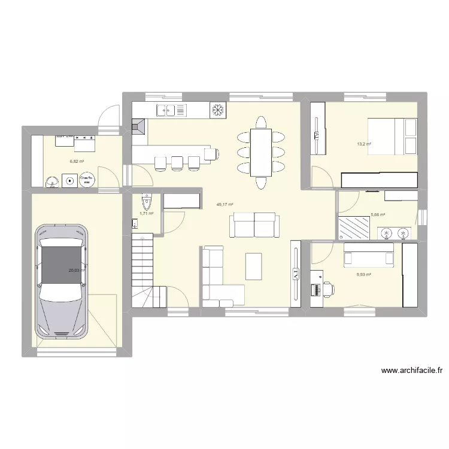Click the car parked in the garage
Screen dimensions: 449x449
tap(62, 281)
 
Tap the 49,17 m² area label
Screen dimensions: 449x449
tap(224, 205)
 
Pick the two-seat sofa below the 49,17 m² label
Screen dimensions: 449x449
tap(254, 226)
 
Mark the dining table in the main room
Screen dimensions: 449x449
tap(260, 152)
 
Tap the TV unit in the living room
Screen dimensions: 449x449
tap(296, 275)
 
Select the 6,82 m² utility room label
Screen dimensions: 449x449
tap(76, 161)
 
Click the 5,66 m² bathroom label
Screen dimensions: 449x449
tap(378, 214)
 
